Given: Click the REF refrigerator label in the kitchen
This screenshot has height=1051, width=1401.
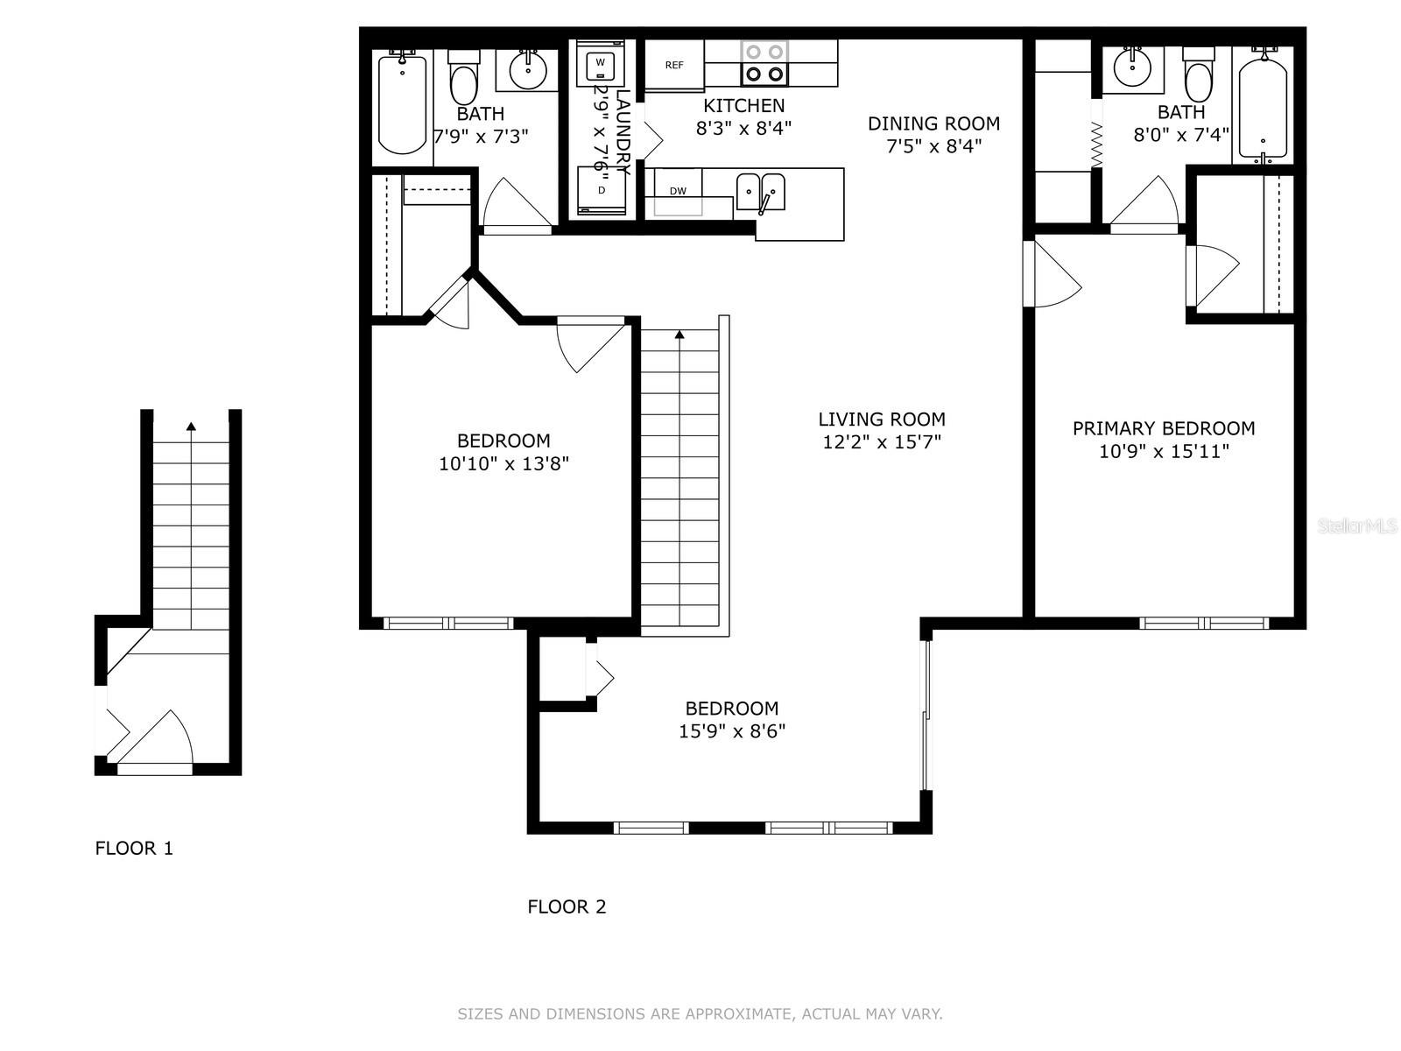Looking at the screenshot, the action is [x=674, y=65].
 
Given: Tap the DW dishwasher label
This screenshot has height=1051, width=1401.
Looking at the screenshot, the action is [x=678, y=191].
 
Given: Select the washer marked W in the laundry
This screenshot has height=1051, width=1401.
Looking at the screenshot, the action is [x=600, y=63].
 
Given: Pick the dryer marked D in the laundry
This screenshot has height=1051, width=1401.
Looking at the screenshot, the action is [x=602, y=190].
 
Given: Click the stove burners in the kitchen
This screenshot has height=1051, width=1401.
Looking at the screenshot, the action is [x=764, y=63].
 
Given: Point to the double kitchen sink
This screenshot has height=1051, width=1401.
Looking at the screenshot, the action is [x=761, y=192].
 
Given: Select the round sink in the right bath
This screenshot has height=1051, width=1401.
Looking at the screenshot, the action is [x=1132, y=68].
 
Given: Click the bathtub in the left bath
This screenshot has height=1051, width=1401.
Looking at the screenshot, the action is [x=402, y=102].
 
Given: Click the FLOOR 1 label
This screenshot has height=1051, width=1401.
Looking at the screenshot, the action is [x=134, y=848].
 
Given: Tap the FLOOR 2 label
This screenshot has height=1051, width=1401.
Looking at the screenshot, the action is [x=567, y=906].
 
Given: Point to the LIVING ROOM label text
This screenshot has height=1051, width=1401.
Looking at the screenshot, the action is [x=882, y=420].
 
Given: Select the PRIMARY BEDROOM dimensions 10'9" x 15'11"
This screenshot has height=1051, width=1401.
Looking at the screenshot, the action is [x=1164, y=451].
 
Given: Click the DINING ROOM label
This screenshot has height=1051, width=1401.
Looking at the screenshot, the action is [x=933, y=123].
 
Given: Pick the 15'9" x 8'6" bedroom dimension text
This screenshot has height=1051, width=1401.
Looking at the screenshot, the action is [x=731, y=730].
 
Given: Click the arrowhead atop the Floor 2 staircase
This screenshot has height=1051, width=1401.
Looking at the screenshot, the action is [x=679, y=334].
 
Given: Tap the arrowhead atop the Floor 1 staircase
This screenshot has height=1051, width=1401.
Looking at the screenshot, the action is [x=191, y=427].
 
